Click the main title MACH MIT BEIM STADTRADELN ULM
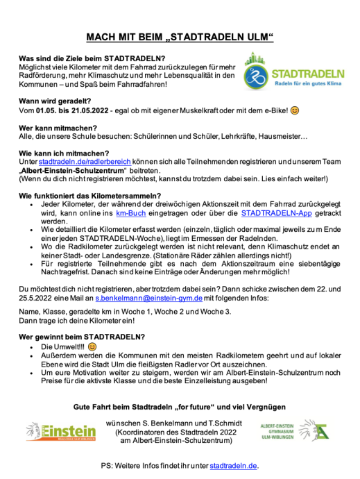180,36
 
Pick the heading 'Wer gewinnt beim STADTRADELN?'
81,337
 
